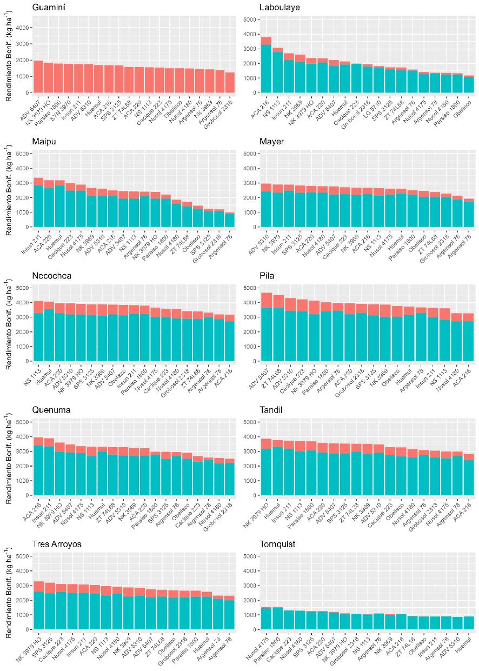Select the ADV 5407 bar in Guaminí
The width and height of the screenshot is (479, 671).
[38, 76]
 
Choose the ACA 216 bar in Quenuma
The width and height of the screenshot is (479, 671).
[38, 467]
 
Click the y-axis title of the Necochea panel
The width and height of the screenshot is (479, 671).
[9, 324]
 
